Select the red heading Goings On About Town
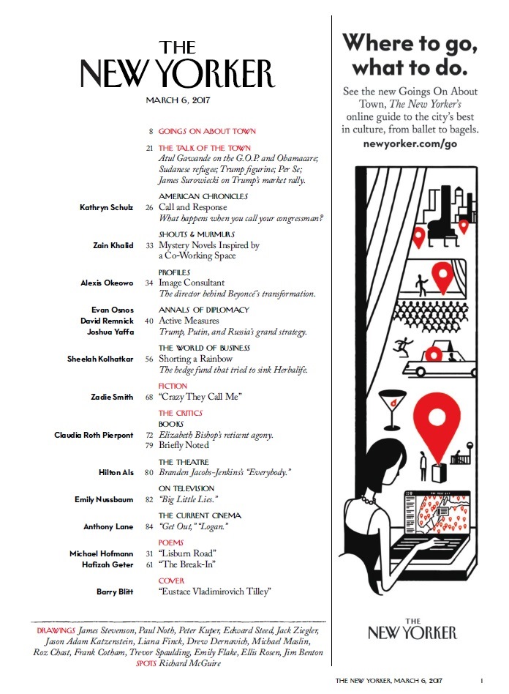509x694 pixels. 207,132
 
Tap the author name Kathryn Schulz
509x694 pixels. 106,208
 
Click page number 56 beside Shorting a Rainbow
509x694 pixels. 148,359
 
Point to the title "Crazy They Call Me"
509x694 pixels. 200,397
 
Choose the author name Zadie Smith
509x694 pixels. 113,397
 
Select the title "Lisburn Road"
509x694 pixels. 186,553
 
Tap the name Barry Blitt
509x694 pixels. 115,591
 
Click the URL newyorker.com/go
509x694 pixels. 410,144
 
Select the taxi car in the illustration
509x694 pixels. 434,358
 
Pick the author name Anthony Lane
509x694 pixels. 108,526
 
